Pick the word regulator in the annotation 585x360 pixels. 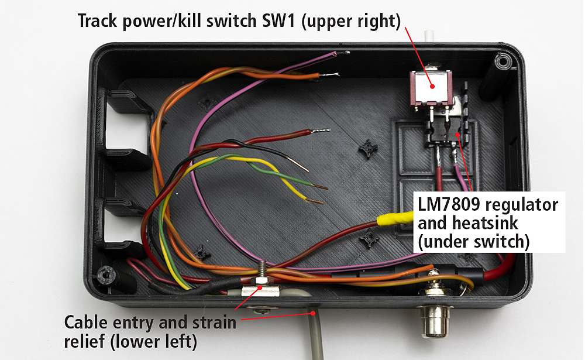(x=524, y=205)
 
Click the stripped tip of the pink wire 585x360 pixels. (x=343, y=53)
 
